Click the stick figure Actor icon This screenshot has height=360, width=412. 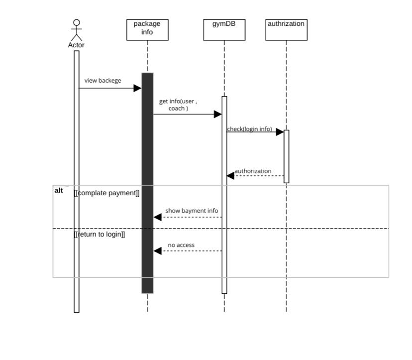point(76,30)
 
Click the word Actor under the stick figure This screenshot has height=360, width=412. point(76,45)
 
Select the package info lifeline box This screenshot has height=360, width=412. point(147,29)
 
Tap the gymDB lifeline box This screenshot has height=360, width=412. point(224,29)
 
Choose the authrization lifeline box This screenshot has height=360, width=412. point(286,29)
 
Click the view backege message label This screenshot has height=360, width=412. point(103,81)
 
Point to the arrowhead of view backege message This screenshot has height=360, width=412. point(137,88)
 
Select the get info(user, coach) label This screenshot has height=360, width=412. point(178,105)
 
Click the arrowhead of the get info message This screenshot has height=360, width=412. point(217,114)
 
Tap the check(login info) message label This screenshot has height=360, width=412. point(249,129)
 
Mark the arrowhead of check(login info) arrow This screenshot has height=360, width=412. point(280,132)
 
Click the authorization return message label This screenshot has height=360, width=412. point(253,171)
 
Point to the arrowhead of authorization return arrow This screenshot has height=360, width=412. point(230,175)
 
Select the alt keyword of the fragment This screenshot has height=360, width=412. point(59,190)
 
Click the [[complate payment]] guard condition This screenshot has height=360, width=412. point(106,193)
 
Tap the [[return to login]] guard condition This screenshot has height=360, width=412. point(100,234)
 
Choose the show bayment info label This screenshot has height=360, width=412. point(192,211)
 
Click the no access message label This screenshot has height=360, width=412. point(181,245)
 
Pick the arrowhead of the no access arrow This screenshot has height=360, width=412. point(158,251)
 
